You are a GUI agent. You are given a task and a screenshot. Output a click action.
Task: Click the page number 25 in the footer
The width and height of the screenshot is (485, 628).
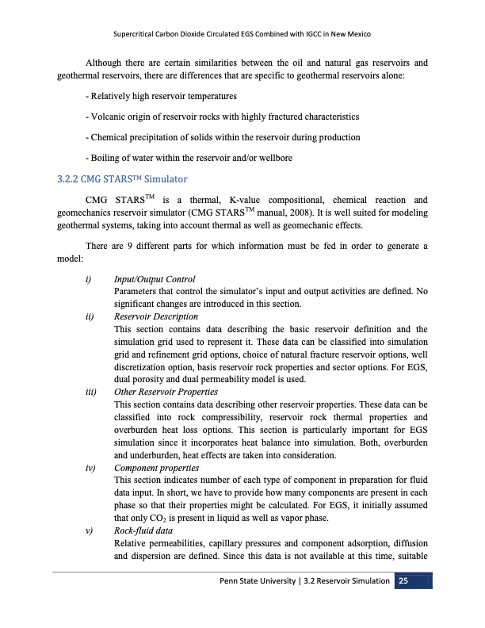pyautogui.click(x=404, y=581)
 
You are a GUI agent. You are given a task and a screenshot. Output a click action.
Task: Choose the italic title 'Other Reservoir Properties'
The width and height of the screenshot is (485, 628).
pyautogui.click(x=166, y=392)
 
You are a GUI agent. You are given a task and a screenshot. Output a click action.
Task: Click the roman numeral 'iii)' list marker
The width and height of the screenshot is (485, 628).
pyautogui.click(x=91, y=392)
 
